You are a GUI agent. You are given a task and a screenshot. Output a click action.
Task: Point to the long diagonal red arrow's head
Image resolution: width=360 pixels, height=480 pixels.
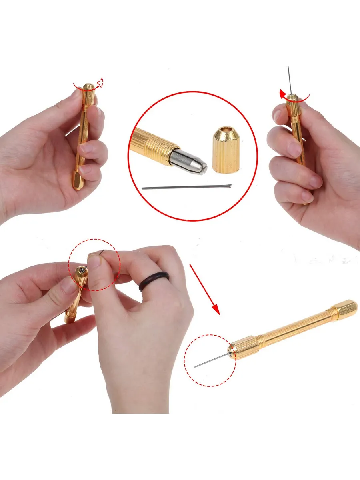(216, 310)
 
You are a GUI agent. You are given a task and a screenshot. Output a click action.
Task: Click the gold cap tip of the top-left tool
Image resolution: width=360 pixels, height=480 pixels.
(88, 87)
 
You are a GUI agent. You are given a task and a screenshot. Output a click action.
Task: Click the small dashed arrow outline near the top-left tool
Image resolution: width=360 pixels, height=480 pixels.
(100, 82)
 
